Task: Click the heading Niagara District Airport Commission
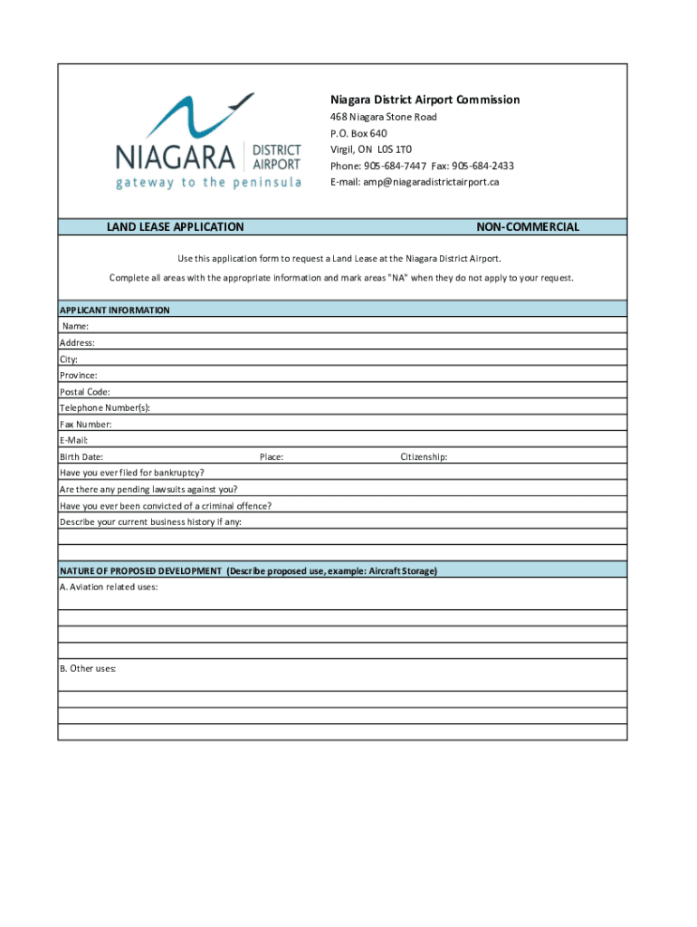424,100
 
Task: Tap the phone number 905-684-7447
395,166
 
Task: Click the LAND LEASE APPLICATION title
176,227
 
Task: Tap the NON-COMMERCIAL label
527,227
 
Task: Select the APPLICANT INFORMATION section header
115,310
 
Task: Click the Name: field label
75,326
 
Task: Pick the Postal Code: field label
85,392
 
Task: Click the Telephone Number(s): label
105,408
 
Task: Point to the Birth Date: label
81,457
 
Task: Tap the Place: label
272,457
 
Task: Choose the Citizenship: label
424,457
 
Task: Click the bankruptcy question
132,473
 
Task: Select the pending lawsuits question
148,490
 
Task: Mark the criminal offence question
166,506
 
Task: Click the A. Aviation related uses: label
109,588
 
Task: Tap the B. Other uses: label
88,669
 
